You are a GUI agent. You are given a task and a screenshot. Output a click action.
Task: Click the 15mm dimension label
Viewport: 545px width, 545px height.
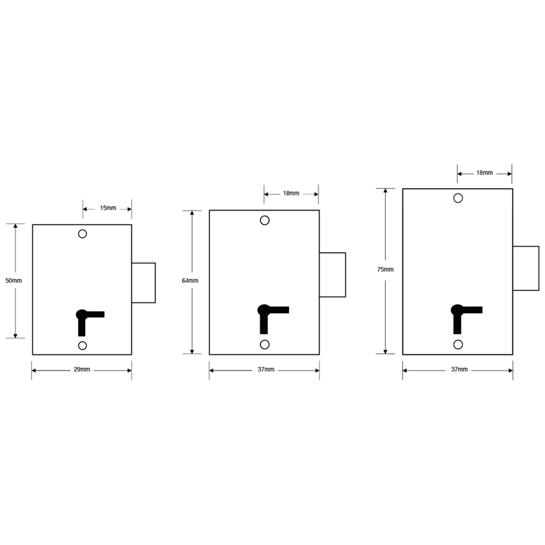[x=107, y=208]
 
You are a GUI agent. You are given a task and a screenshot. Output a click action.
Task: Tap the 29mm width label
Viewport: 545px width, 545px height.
[x=82, y=370]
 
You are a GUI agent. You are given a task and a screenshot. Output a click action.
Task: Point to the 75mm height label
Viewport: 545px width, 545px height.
[x=385, y=269]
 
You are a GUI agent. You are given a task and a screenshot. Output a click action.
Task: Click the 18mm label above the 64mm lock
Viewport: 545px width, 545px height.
[x=291, y=193]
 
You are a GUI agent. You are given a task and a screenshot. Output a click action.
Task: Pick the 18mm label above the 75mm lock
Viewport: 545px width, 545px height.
[x=485, y=173]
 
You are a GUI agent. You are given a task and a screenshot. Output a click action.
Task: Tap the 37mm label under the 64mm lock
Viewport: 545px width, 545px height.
[x=265, y=370]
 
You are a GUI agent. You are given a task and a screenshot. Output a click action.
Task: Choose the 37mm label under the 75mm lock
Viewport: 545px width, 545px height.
[x=459, y=370]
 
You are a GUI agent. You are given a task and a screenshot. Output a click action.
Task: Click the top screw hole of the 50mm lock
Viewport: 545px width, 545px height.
[x=82, y=234]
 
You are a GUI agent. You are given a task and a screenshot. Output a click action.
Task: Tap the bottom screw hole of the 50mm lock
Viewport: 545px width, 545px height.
[x=82, y=346]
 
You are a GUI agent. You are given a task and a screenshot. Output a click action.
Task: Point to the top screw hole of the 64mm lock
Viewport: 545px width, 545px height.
[x=264, y=220]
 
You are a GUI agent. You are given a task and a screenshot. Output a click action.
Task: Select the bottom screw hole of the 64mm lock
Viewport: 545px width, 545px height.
[x=264, y=344]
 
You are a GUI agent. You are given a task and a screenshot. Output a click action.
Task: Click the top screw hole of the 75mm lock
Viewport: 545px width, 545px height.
[x=458, y=197]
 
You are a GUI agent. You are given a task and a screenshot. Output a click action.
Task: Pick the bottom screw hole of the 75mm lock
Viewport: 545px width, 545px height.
[x=458, y=344]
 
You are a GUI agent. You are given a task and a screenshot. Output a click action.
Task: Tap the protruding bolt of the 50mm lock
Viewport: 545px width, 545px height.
[x=144, y=282]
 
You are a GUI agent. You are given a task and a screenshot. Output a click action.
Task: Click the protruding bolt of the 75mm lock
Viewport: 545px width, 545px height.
[x=526, y=268]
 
